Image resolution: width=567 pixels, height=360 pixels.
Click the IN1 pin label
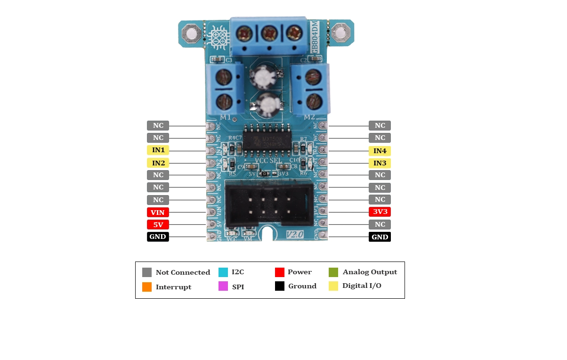(x=158, y=150)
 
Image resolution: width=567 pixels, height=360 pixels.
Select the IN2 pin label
(x=158, y=163)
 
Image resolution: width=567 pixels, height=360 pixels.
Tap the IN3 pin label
(x=380, y=163)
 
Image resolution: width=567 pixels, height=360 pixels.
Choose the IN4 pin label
(x=380, y=151)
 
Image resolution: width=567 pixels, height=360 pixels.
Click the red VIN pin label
(x=158, y=213)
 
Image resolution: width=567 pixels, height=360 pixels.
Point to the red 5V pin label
(x=158, y=225)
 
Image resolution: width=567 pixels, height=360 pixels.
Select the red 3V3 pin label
(x=380, y=212)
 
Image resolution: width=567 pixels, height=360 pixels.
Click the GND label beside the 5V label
(x=158, y=237)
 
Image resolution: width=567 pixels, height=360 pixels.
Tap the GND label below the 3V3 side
(x=380, y=237)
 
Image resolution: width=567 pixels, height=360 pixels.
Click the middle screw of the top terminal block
(x=268, y=33)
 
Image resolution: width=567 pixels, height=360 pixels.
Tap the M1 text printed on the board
(x=226, y=117)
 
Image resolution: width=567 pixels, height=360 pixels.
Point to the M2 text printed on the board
(x=309, y=117)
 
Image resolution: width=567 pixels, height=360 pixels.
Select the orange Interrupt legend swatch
(x=147, y=287)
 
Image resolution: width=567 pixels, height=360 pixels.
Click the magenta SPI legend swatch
(x=223, y=286)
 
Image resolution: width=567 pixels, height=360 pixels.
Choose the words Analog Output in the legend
(x=370, y=272)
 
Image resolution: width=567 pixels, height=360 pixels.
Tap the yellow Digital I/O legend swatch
(x=333, y=286)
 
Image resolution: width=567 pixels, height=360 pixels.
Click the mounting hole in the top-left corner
(x=191, y=34)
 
